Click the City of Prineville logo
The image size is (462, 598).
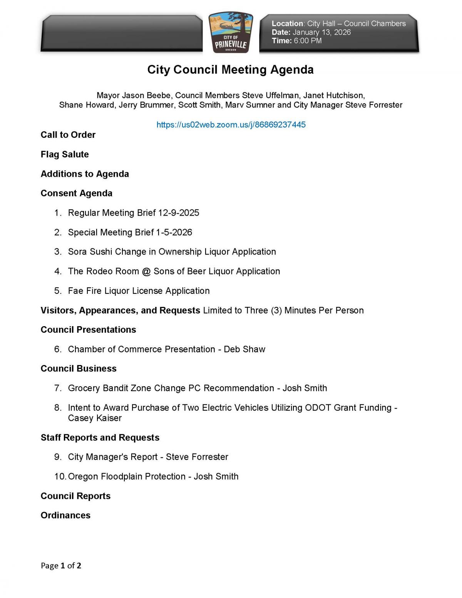231,34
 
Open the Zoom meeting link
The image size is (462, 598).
231,125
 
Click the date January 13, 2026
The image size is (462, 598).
321,32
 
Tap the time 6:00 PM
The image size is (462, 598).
307,41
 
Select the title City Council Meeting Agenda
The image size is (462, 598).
230,70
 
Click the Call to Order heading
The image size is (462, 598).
68,135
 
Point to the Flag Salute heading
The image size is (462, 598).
65,154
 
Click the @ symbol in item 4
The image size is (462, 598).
146,271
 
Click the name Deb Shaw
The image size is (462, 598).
244,349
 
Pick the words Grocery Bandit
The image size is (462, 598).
97,388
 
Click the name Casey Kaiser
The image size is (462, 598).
95,418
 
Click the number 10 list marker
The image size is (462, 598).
60,477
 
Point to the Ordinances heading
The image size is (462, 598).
65,516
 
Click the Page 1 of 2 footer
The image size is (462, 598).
61,566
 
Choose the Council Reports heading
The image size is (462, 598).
75,496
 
